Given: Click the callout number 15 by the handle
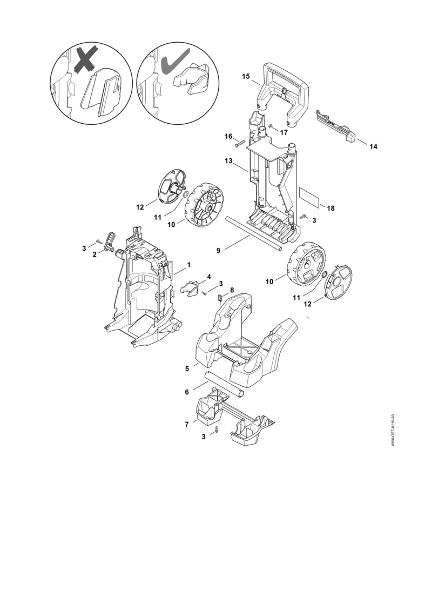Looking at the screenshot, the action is (x=246, y=76).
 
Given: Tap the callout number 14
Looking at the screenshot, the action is (x=373, y=146).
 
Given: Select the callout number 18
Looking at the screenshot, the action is (x=330, y=208).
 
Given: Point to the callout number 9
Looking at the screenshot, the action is (x=219, y=251).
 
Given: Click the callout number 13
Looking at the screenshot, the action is (x=228, y=160).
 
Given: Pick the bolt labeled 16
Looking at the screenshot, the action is (x=239, y=144).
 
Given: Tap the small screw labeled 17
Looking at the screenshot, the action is (x=271, y=126).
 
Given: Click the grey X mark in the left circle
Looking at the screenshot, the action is (x=85, y=61).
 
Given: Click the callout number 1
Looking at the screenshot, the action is (x=189, y=265).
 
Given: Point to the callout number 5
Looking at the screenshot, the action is (x=187, y=368).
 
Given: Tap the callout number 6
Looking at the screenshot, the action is (x=187, y=392).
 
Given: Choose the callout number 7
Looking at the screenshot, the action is (x=187, y=424).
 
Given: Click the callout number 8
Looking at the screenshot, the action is (x=232, y=290).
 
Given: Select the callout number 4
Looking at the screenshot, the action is (x=209, y=277).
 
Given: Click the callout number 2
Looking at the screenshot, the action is (x=94, y=255).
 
